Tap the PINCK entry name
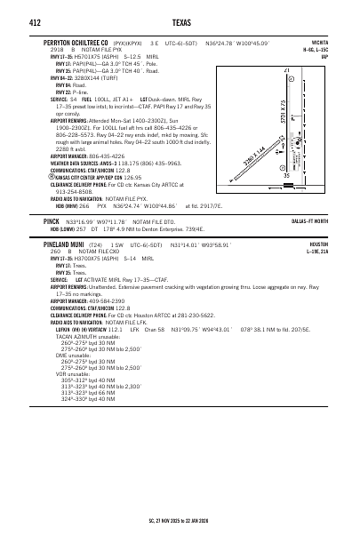[x=51, y=220]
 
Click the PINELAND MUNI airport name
[x=70, y=244]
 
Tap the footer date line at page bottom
[x=180, y=520]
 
